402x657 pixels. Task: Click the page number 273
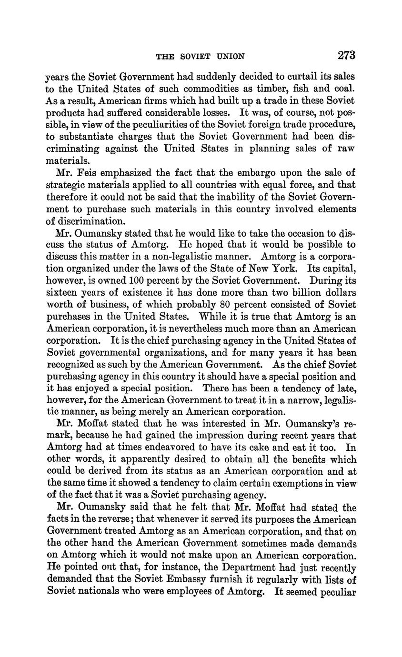click(346, 55)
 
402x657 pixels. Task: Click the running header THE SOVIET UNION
click(201, 56)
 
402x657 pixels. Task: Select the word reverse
click(109, 520)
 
